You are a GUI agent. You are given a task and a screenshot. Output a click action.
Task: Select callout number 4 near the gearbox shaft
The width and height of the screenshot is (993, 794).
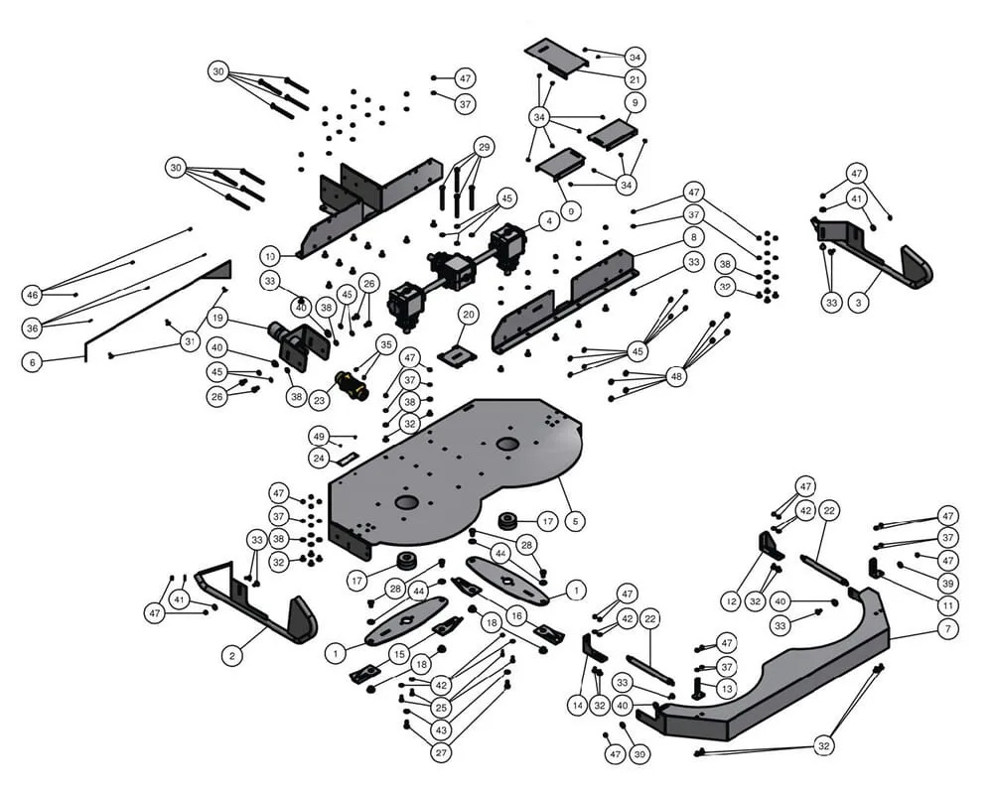tap(548, 219)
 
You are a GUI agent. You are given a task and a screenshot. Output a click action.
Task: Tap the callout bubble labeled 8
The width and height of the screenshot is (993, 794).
tap(693, 237)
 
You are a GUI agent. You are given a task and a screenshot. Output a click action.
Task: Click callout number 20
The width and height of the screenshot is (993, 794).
tap(469, 314)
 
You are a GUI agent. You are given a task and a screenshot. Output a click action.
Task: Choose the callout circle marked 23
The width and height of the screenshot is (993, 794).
tap(319, 401)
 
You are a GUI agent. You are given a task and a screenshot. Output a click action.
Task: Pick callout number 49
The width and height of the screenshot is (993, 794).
tap(319, 436)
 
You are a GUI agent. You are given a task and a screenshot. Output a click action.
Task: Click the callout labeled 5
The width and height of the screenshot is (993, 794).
tap(572, 519)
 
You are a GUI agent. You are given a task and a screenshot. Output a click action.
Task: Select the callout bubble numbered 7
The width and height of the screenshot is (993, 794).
tap(947, 629)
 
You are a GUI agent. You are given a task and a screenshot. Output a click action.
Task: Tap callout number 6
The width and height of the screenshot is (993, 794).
tap(33, 363)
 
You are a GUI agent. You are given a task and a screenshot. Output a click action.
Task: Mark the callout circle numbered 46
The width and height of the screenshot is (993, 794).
tap(33, 295)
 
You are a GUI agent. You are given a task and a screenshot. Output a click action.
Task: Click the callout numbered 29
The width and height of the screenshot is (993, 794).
tap(484, 148)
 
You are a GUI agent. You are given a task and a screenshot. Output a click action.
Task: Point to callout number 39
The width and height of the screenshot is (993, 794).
tap(947, 584)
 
